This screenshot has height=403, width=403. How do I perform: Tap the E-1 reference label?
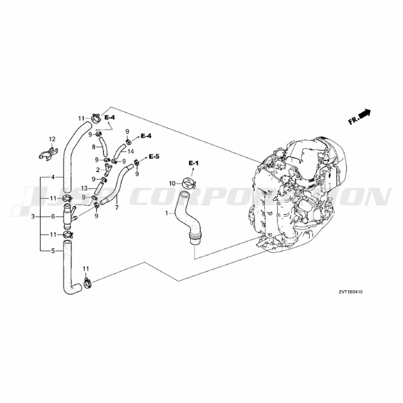(193, 163)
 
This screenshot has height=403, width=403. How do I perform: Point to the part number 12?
(52, 139)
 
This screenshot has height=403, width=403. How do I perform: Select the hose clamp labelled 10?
(189, 183)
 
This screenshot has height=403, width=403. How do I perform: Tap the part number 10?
(172, 183)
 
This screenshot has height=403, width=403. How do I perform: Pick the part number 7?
(117, 208)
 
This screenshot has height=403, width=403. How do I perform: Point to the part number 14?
(131, 151)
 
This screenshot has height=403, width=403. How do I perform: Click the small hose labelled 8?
(104, 147)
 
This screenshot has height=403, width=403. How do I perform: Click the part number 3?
(33, 217)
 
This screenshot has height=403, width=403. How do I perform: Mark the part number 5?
(53, 251)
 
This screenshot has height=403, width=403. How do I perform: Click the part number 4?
(53, 177)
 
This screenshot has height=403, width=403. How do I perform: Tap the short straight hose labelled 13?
(99, 188)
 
